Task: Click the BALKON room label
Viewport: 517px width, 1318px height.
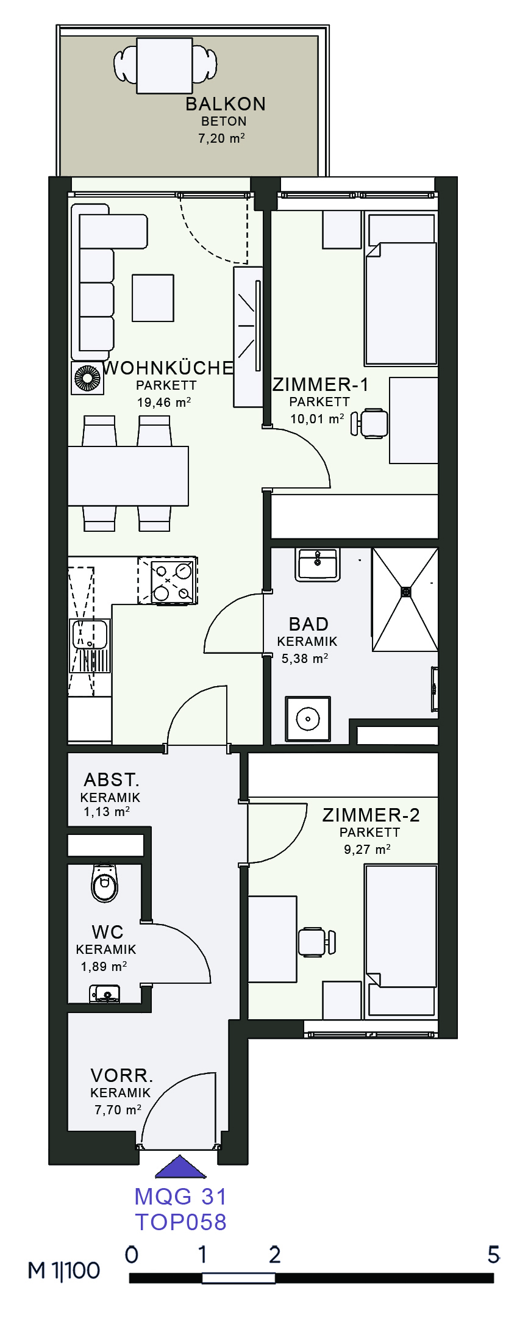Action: click(x=226, y=104)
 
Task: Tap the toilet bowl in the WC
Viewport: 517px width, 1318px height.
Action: click(x=104, y=883)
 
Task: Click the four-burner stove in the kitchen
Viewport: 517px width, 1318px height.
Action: click(x=168, y=580)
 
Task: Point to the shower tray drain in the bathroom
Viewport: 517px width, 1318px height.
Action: click(x=406, y=591)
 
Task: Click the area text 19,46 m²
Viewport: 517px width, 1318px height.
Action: click(x=164, y=403)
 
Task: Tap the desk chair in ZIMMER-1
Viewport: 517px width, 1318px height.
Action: click(x=370, y=423)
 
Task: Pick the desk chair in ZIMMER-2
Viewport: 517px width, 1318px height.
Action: click(x=317, y=941)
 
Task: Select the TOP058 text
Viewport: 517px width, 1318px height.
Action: click(x=181, y=1222)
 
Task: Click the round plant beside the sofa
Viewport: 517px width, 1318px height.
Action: click(x=87, y=378)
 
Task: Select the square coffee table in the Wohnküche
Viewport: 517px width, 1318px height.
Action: click(x=153, y=298)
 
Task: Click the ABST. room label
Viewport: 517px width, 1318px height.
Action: click(x=112, y=779)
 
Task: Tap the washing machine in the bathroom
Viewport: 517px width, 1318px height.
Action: click(x=308, y=719)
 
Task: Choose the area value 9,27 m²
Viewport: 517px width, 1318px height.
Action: click(x=367, y=849)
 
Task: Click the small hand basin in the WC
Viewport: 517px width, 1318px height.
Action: click(x=105, y=994)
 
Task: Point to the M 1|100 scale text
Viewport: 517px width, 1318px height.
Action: click(x=64, y=1270)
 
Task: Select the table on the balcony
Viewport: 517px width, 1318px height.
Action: click(x=165, y=66)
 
